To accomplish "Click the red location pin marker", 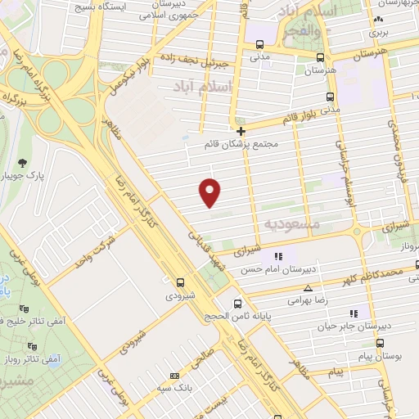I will (211, 192).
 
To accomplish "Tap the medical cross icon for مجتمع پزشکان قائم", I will (241, 131).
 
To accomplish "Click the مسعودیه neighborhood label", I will (289, 223).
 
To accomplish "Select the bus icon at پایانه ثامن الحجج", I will (237, 302).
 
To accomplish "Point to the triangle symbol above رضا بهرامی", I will (308, 288).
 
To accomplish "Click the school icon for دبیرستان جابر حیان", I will (354, 313).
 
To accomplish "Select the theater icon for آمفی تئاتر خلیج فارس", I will (23, 309).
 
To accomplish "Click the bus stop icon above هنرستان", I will (319, 58).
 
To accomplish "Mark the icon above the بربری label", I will (377, 20).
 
